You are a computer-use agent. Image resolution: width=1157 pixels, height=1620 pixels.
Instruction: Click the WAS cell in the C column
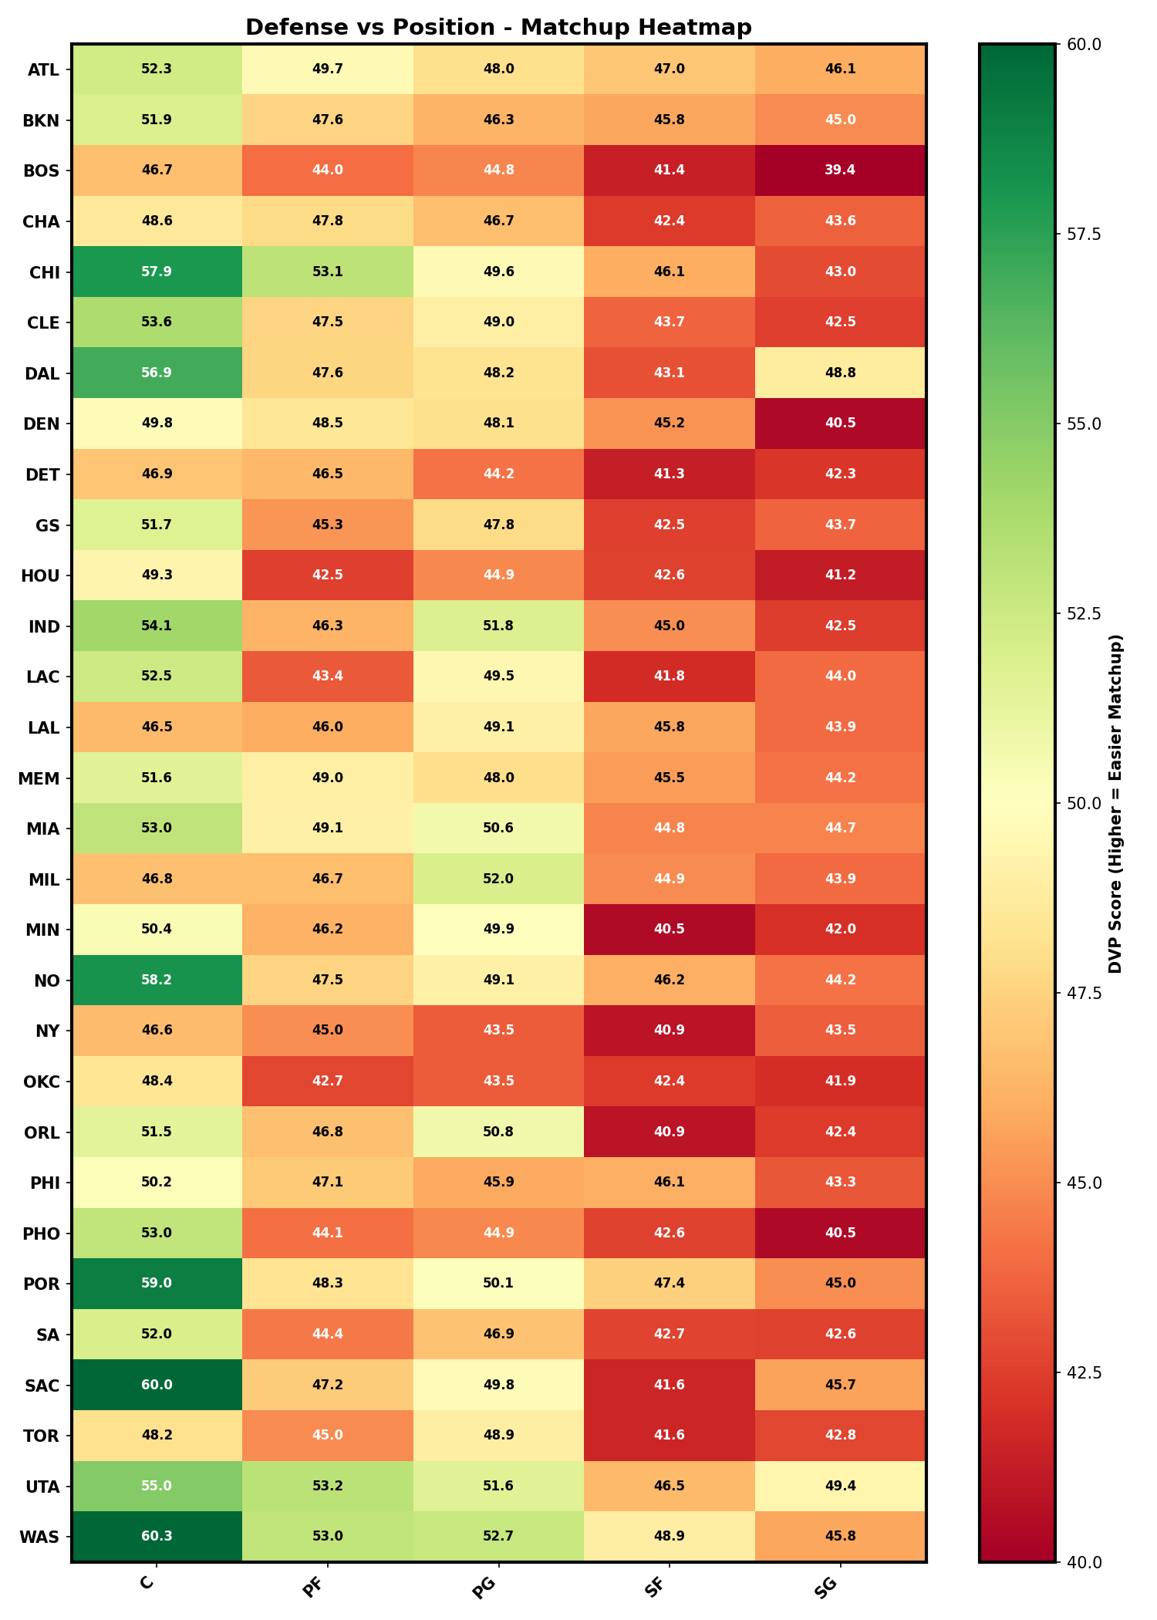[157, 1536]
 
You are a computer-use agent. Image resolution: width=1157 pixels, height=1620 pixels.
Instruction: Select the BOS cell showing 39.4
[840, 170]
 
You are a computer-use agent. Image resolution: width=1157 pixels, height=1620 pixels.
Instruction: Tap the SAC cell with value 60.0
[157, 1385]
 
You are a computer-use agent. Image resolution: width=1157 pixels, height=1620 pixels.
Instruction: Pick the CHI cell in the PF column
[328, 272]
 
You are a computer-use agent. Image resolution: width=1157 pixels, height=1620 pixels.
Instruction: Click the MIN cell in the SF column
[670, 929]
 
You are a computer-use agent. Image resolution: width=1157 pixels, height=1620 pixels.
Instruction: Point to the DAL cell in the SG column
[840, 373]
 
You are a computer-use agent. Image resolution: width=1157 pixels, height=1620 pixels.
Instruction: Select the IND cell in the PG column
[498, 626]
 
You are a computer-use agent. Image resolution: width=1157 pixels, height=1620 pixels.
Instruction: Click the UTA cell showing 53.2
[328, 1486]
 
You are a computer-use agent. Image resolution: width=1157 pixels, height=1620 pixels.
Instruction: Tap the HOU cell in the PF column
[328, 575]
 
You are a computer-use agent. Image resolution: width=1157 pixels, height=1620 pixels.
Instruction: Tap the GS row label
[48, 525]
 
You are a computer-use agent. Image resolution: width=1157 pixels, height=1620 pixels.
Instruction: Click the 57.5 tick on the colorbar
[1083, 234]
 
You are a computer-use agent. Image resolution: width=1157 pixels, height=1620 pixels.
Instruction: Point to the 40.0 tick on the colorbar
[1083, 1562]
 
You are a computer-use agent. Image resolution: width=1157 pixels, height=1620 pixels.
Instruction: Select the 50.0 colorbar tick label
[1083, 803]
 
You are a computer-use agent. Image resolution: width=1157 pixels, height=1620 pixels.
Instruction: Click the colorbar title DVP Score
[1115, 803]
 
